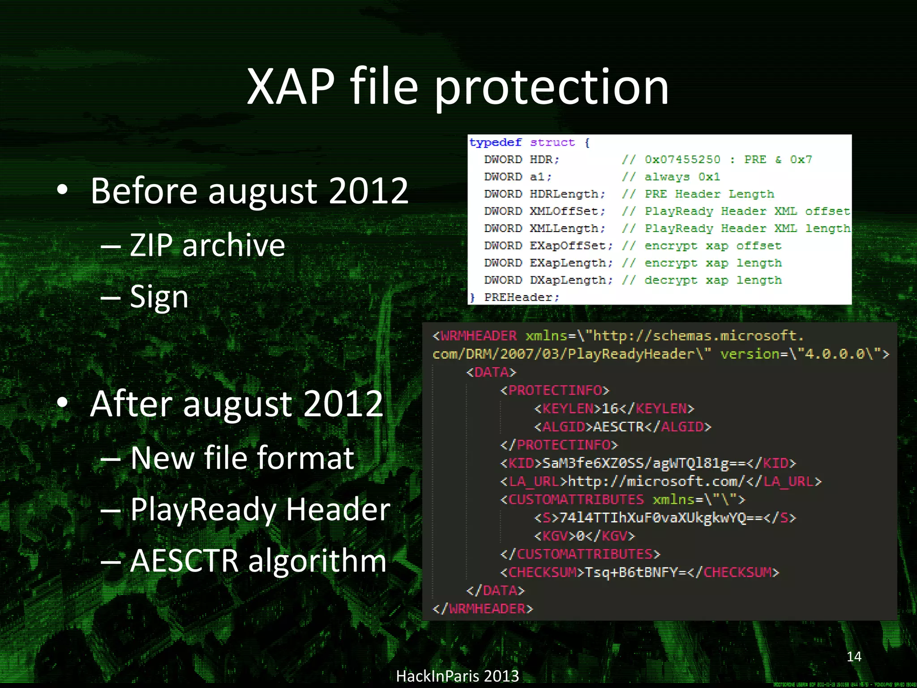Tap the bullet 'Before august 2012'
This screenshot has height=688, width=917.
249,191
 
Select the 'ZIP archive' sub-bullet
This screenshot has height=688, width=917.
207,245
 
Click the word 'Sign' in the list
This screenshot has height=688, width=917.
159,297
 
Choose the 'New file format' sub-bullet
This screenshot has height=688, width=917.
242,458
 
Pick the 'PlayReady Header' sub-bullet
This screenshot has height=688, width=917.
260,509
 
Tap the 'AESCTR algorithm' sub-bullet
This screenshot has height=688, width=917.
258,561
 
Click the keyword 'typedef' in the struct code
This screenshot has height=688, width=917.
495,142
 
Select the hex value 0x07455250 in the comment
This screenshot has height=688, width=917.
682,159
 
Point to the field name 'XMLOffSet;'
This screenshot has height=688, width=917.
567,211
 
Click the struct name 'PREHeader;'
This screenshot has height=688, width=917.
522,297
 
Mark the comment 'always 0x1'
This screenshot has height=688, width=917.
682,177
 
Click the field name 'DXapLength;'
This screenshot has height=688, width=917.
571,280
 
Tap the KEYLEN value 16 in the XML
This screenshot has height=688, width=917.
610,408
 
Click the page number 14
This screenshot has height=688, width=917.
854,657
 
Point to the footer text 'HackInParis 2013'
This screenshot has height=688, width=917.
457,676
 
